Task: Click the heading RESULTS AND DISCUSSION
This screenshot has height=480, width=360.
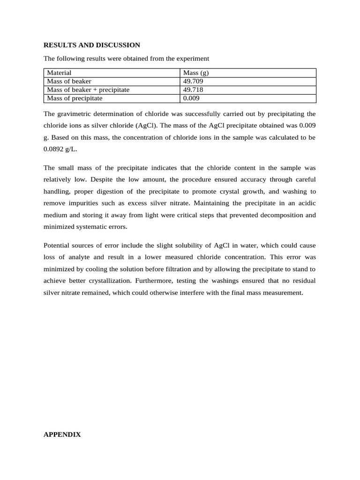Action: [x=91, y=45]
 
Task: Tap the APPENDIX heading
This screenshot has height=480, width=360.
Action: [x=62, y=435]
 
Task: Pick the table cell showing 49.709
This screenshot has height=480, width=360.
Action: [x=193, y=81]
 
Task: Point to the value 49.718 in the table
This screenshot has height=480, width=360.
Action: [x=193, y=90]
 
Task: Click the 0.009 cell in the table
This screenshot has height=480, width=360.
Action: [x=192, y=98]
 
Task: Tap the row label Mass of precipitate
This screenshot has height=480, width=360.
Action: [x=75, y=98]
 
